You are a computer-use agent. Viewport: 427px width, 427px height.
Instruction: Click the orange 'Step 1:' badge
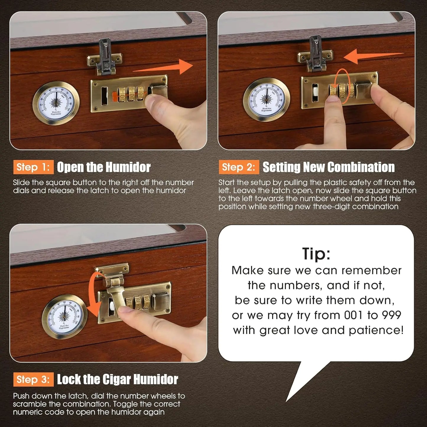tap(33, 167)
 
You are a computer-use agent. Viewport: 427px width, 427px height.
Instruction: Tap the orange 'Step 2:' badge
tap(238, 167)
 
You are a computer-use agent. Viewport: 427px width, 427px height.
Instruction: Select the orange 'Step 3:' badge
tap(33, 379)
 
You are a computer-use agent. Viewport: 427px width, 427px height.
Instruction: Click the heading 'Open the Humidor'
tap(104, 167)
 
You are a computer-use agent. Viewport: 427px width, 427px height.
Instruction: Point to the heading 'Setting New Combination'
tap(329, 167)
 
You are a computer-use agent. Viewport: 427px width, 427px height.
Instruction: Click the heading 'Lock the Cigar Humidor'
tap(117, 379)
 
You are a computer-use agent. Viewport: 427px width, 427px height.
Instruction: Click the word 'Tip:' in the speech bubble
tap(316, 254)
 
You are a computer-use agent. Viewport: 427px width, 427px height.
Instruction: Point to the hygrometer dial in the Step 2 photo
tap(267, 100)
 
